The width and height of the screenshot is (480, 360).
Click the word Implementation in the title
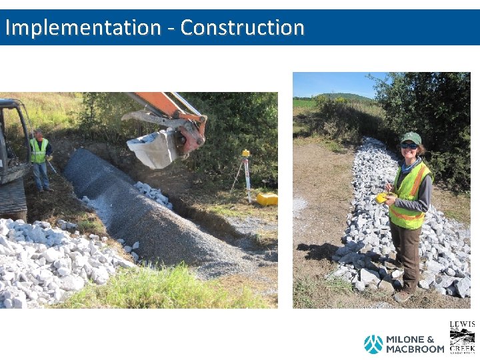83,27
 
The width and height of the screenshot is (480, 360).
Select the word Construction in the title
242,27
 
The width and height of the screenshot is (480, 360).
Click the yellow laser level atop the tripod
246,153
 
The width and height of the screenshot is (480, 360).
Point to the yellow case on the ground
267,199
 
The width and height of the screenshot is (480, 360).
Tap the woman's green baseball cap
411,137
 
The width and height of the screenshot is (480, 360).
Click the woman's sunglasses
409,145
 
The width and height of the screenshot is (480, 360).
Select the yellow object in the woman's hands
381,197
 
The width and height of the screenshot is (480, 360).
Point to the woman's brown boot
403,295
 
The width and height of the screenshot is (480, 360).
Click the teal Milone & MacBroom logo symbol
373,344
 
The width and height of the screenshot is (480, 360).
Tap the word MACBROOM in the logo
415,349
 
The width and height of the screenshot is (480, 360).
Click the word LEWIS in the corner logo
462,325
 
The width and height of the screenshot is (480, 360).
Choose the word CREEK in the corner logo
462,348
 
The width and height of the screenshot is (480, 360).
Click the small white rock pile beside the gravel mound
153,194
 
